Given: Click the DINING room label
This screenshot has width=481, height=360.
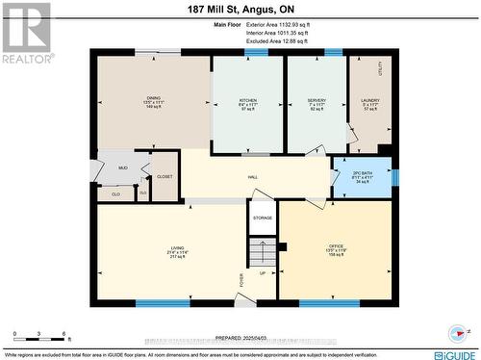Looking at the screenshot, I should coord(154,97).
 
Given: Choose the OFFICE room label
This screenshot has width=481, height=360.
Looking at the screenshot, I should coord(336,247).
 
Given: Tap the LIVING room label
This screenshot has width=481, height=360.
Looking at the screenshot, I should coord(176,247).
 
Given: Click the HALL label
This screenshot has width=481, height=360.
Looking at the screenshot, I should coord(253,177).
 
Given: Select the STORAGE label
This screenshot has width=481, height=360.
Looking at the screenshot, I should coord(263,218).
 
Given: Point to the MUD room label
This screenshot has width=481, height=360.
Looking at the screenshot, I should coord(123,167).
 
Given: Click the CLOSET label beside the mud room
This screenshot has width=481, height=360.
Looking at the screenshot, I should coord(165,177).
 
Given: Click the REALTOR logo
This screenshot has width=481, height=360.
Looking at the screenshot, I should coord(25,33).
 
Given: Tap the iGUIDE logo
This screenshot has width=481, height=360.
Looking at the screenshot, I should coord(452,354).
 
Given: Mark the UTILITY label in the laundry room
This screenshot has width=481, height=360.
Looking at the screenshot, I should coord(380,69).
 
